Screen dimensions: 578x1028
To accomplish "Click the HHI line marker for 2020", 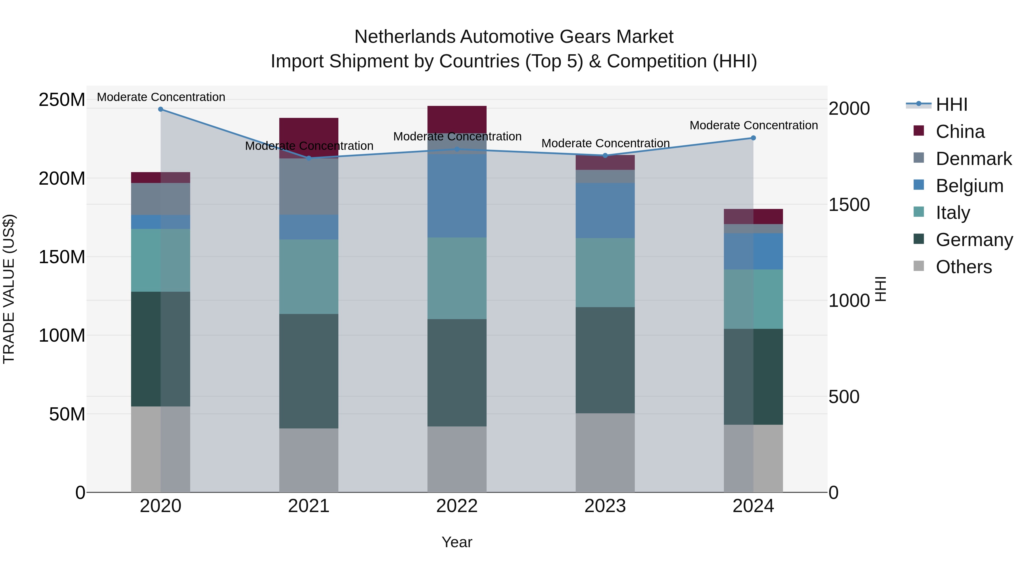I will tap(160, 109).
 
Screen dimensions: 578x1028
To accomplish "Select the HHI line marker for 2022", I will tap(457, 150).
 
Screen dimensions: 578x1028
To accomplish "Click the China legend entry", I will tap(960, 132).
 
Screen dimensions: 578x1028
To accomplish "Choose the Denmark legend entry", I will tap(973, 159).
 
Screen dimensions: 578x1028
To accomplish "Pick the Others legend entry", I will tap(963, 267).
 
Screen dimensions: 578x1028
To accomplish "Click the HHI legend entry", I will tap(951, 104).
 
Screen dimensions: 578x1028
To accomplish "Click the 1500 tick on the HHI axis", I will tap(849, 205).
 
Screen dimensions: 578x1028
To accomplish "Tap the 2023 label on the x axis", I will tap(605, 506).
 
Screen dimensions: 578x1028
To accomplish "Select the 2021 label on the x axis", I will tap(308, 506).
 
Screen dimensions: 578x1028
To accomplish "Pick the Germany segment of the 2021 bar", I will tap(308, 371).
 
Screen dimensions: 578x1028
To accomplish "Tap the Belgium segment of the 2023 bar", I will tap(605, 211).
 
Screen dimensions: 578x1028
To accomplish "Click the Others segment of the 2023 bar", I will tap(605, 453).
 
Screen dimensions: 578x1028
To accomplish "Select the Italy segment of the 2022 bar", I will tap(457, 278).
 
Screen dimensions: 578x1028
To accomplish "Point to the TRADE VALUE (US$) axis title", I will tap(9, 289).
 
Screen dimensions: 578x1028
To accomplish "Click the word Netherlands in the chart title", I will tap(405, 37).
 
